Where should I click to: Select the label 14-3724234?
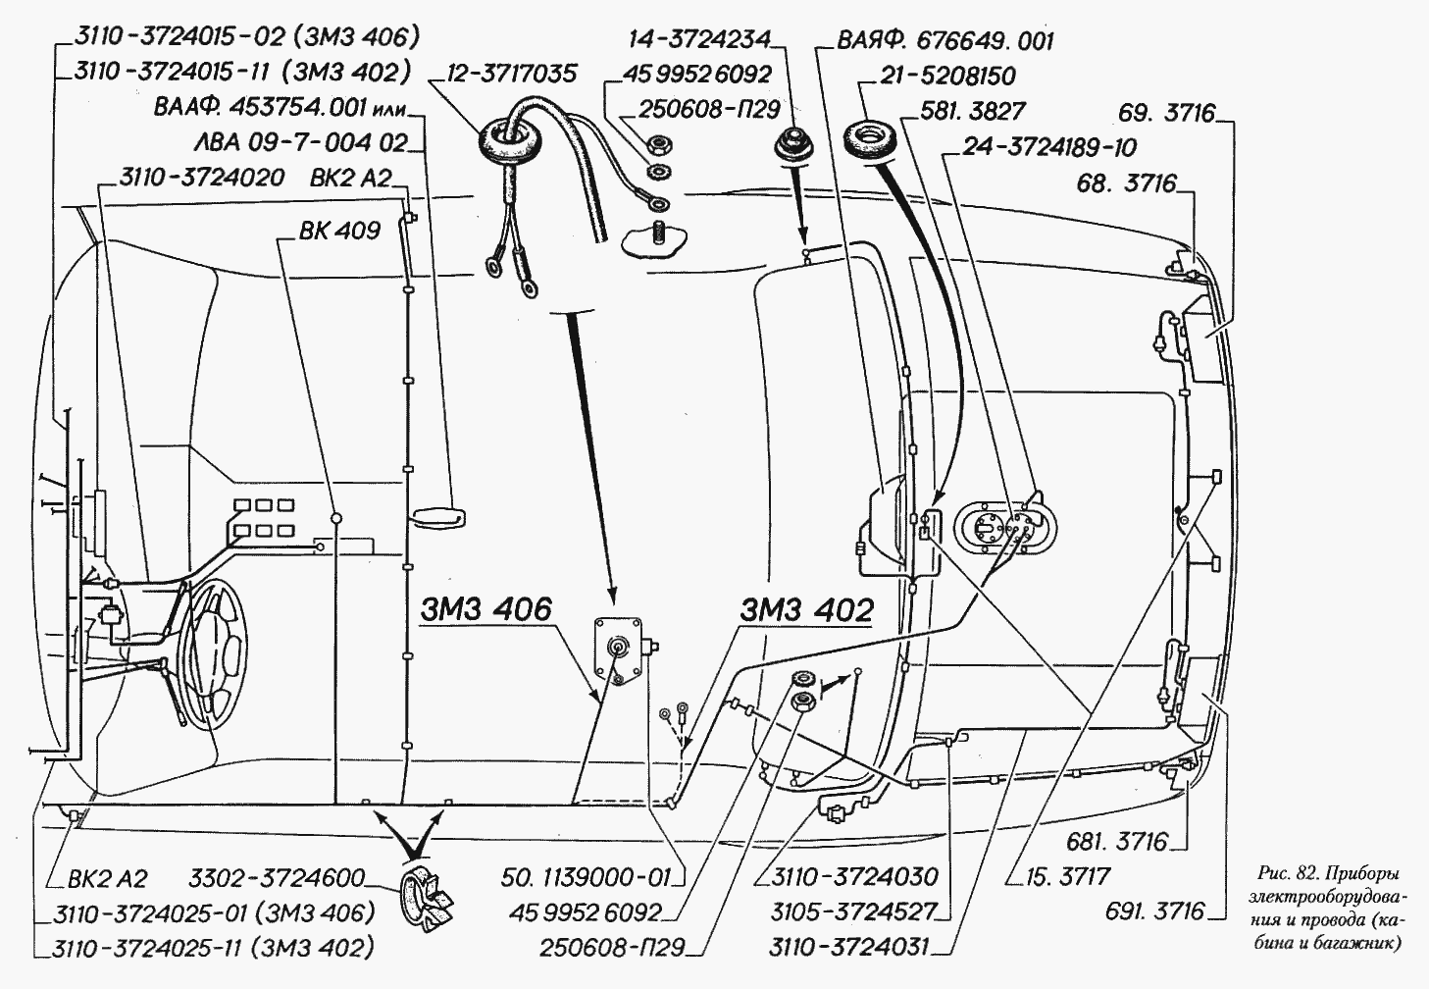(x=699, y=40)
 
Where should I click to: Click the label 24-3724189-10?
(x=1048, y=148)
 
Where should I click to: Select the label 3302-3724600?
(x=277, y=877)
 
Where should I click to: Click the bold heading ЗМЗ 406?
(x=486, y=609)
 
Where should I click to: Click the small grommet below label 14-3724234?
(x=791, y=143)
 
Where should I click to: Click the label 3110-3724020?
(x=201, y=178)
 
